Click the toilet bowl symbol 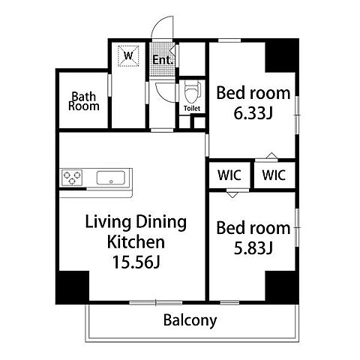pyautogui.click(x=192, y=92)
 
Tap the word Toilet pyautogui.click(x=192, y=109)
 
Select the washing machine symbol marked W pyautogui.click(x=128, y=55)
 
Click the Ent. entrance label pyautogui.click(x=163, y=60)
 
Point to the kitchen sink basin pyautogui.click(x=111, y=178)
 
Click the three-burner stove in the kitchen pyautogui.click(x=72, y=177)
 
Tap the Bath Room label pyautogui.click(x=84, y=101)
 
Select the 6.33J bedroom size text pyautogui.click(x=253, y=113)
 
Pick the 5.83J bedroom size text pyautogui.click(x=253, y=248)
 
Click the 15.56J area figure pyautogui.click(x=136, y=262)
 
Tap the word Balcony pyautogui.click(x=190, y=320)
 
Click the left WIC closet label pyautogui.click(x=229, y=175)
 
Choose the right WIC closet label pyautogui.click(x=274, y=175)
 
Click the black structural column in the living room pyautogui.click(x=73, y=287)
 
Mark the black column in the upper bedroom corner pyautogui.click(x=282, y=55)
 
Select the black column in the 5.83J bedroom pyautogui.click(x=282, y=287)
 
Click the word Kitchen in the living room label pyautogui.click(x=136, y=242)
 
